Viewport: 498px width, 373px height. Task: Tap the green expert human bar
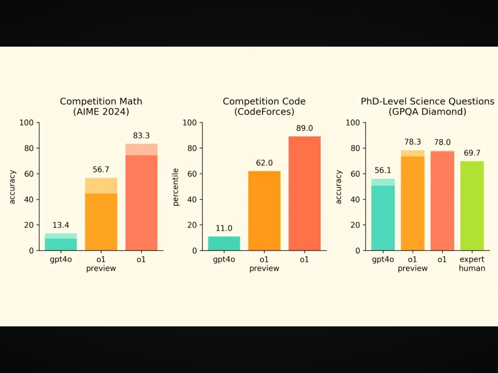(x=472, y=206)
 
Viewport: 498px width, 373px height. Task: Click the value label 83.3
(x=141, y=136)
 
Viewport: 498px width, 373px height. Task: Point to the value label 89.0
(x=304, y=128)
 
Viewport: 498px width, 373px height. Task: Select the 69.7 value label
(x=472, y=153)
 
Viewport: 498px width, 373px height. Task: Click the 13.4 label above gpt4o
(x=61, y=225)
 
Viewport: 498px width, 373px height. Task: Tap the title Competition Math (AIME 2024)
(x=101, y=106)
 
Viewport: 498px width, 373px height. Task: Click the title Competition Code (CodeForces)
(x=264, y=106)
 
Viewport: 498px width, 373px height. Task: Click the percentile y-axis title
(x=175, y=187)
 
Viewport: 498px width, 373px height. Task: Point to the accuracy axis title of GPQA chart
(x=338, y=187)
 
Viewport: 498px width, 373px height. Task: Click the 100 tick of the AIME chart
(x=26, y=123)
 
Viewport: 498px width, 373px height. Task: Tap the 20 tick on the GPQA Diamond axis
(x=355, y=225)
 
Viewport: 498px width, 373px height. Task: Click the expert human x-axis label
(x=472, y=263)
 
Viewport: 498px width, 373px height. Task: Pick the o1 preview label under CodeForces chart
(x=264, y=263)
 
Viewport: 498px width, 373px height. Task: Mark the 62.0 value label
(x=264, y=163)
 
